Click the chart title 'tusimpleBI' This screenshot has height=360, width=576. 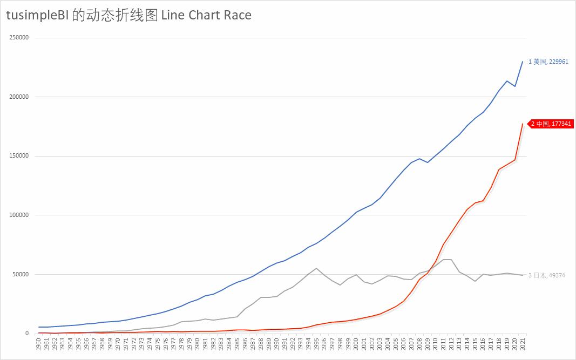tap(37, 16)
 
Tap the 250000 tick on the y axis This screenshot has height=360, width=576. tap(19, 38)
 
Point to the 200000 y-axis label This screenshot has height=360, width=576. tap(19, 97)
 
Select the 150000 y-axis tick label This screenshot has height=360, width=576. tap(19, 156)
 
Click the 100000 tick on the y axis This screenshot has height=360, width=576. tap(19, 215)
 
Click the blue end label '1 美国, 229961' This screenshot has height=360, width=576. tap(548, 62)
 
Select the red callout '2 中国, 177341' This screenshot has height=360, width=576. tap(551, 124)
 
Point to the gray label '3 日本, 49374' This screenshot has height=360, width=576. tap(547, 275)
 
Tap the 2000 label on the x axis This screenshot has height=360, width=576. tap(356, 343)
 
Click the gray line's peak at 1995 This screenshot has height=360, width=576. tap(316, 268)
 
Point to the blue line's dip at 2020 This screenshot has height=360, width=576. tap(514, 86)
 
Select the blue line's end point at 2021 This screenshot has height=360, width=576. tap(523, 62)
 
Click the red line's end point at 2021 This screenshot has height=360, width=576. tap(523, 124)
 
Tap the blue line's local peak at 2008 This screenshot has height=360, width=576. tap(419, 159)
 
